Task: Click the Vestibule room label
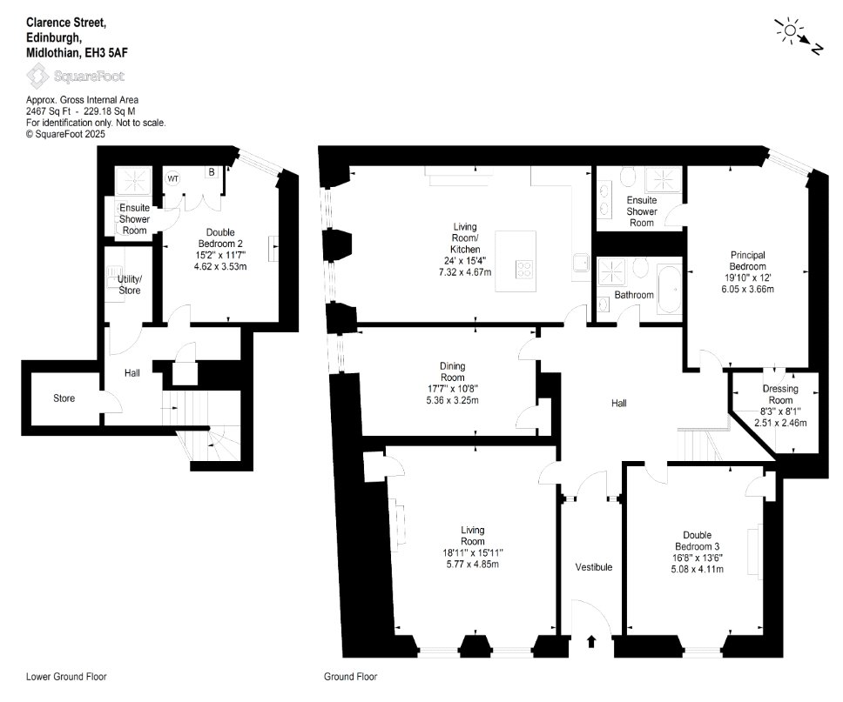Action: [x=594, y=567]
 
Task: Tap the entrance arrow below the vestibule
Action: [x=591, y=641]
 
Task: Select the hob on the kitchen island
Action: [x=524, y=269]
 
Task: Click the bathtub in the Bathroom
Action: [x=669, y=289]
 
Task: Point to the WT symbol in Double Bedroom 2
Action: [x=172, y=179]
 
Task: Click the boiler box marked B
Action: [x=212, y=172]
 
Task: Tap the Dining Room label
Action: [x=452, y=371]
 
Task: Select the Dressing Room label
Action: [x=780, y=394]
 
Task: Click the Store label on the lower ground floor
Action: [x=64, y=398]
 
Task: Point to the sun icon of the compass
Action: [x=789, y=30]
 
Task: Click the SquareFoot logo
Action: [x=76, y=76]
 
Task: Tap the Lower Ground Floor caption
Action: [x=66, y=677]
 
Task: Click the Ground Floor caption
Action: [x=351, y=677]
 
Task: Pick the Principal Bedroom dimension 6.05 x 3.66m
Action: [x=747, y=289]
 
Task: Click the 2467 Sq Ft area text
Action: [x=49, y=111]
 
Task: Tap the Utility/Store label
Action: [x=130, y=284]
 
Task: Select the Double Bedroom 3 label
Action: [x=697, y=540]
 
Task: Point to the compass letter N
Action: [x=817, y=50]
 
